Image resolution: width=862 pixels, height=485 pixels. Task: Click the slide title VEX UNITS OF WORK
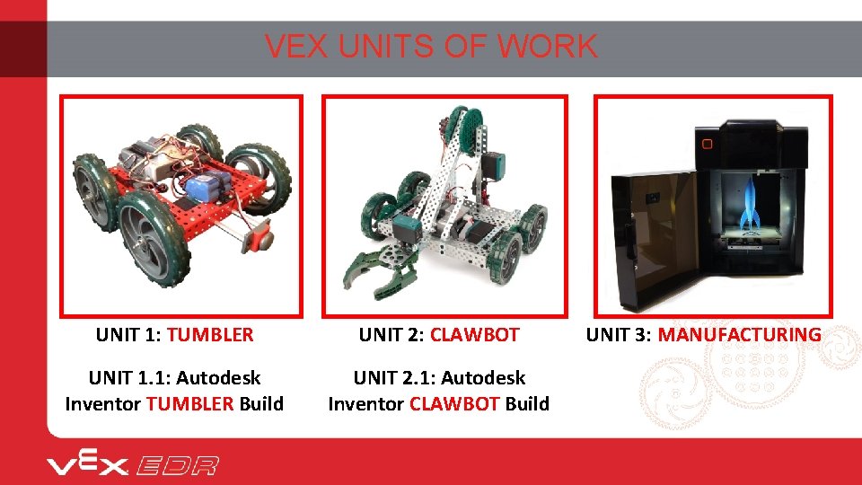point(431,47)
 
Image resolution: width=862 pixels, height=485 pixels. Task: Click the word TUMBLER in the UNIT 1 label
point(210,335)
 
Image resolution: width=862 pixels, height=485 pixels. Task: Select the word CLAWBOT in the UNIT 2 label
point(474,335)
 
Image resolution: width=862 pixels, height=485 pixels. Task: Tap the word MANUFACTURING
point(739,335)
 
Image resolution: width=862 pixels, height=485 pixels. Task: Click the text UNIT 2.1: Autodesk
point(438,378)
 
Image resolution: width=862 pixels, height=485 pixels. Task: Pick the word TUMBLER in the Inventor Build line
point(190,404)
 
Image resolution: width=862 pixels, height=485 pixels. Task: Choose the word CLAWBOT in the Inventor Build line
point(454,404)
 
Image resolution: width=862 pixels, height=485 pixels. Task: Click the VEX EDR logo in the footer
point(133,465)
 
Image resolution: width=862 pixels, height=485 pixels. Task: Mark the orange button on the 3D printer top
point(707,144)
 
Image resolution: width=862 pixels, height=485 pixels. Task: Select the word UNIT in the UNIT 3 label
point(606,335)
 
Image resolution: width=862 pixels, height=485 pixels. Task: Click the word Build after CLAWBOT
point(527,404)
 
